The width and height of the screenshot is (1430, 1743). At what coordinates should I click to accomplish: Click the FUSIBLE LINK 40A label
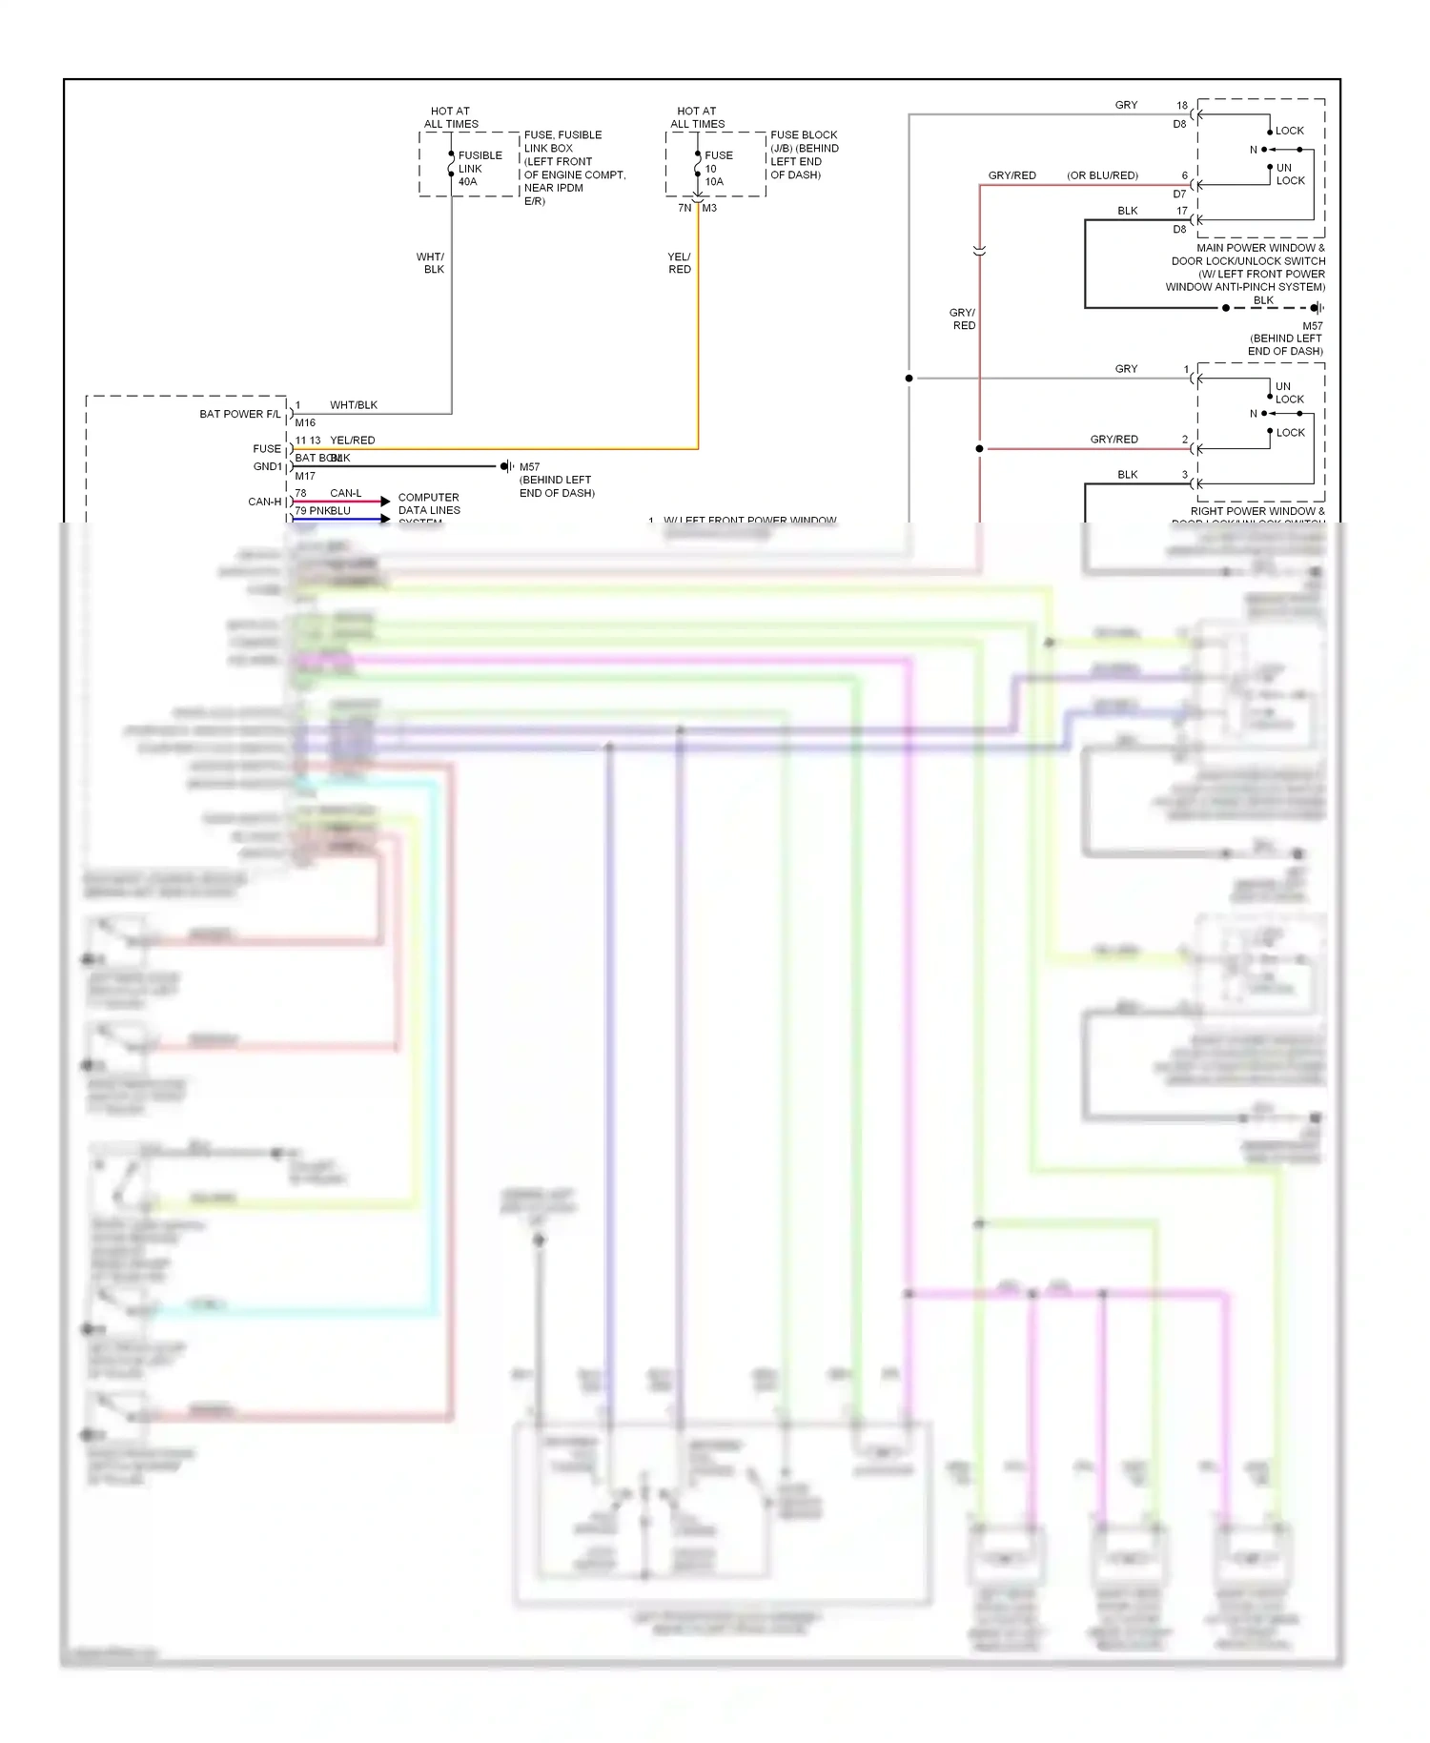479,169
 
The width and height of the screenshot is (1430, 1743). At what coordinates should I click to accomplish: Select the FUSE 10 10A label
718,169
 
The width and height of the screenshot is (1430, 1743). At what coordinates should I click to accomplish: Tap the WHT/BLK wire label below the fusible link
431,263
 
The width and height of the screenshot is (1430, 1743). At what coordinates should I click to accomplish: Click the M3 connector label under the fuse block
709,208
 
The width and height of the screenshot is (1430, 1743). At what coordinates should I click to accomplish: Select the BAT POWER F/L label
240,414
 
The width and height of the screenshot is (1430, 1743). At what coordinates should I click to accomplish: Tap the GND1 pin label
268,466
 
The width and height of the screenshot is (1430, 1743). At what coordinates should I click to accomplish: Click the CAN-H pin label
265,502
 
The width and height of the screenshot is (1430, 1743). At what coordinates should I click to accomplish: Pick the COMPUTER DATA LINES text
429,503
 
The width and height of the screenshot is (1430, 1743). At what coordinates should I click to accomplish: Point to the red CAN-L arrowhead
385,501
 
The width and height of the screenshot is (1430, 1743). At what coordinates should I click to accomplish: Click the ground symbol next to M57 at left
507,466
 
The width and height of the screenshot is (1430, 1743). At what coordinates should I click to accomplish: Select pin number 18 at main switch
1182,105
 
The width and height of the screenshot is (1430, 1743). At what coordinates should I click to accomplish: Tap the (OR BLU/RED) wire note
1102,175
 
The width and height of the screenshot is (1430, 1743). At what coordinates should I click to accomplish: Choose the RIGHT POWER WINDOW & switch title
1257,511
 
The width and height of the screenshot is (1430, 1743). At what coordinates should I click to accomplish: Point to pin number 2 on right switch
1185,440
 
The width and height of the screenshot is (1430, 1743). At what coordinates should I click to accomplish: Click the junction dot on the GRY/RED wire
979,448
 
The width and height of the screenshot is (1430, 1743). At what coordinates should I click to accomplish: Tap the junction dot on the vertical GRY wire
909,379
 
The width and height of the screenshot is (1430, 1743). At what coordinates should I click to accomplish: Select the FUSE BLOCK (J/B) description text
804,154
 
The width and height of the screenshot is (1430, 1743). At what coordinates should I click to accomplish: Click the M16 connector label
305,422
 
